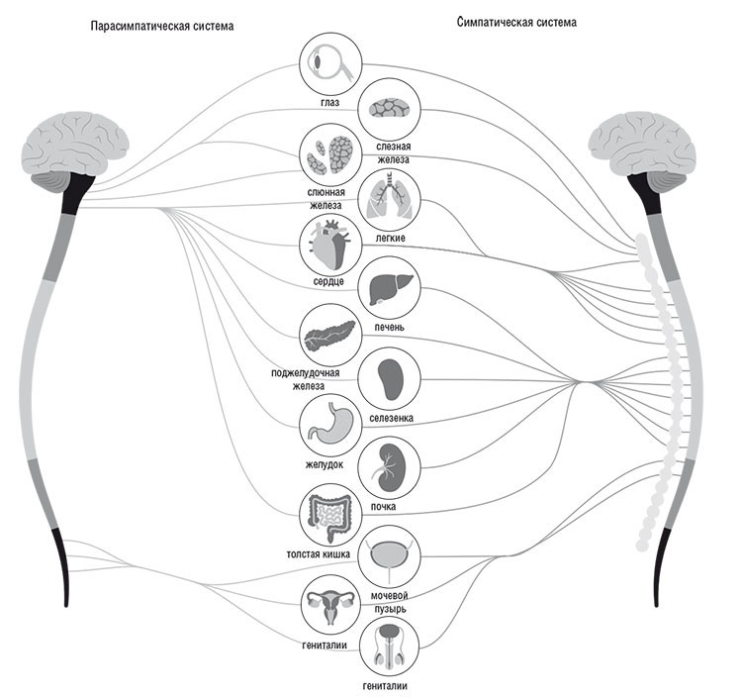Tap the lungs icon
tap(389, 199)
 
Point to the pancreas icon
tap(329, 336)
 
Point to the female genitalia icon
tap(329, 606)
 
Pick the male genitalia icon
tap(389, 649)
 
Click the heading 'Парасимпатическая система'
tap(162, 27)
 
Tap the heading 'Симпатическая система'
tap(517, 21)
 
